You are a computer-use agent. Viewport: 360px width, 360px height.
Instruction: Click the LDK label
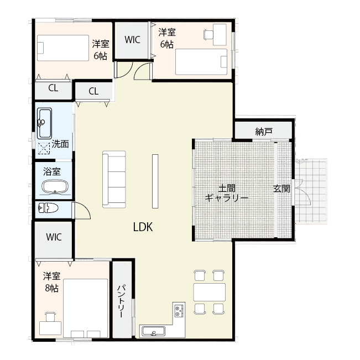(143, 227)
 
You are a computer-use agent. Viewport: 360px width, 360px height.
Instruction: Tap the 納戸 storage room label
(264, 132)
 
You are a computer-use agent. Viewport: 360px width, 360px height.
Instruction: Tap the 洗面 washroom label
(60, 144)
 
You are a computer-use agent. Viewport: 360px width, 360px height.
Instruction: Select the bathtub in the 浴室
(54, 187)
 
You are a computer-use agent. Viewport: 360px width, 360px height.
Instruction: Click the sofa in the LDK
(114, 179)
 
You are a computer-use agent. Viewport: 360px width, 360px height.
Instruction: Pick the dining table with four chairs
(210, 291)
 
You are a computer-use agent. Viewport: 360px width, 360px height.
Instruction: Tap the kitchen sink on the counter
(152, 332)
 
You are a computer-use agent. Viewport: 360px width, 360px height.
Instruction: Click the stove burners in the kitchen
(179, 310)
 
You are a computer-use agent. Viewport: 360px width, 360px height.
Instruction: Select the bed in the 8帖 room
(85, 307)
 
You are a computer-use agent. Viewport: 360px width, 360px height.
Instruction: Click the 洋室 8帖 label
(53, 281)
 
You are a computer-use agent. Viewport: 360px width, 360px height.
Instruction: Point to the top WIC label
(132, 40)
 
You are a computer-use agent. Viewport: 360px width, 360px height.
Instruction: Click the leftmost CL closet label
(53, 87)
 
